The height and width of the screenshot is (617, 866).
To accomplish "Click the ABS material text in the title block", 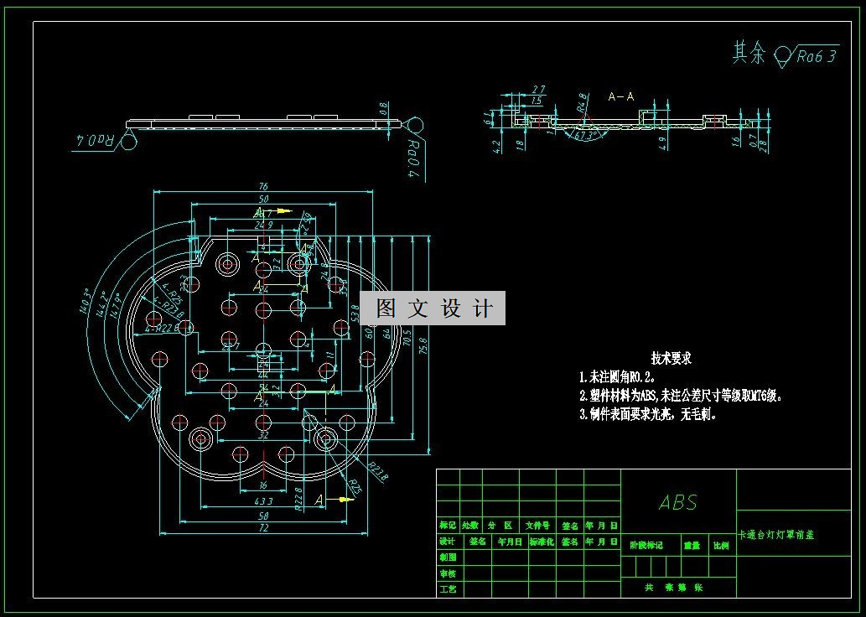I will tap(678, 502).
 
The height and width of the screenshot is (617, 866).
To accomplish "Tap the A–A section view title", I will tap(620, 97).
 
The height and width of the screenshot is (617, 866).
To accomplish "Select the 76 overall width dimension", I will tap(263, 187).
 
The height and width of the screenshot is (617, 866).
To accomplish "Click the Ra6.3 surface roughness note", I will tap(817, 56).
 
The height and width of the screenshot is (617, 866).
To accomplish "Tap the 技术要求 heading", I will tap(672, 358).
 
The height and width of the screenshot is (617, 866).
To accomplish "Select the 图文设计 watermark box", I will tap(433, 308).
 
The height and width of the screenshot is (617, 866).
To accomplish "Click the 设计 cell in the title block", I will tap(448, 542).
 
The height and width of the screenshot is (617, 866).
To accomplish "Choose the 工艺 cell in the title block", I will tap(448, 589).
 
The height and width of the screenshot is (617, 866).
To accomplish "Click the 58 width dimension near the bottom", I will tap(263, 516).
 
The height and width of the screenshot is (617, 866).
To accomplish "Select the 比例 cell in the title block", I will tap(720, 546).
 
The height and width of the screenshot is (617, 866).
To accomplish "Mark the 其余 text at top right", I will tap(749, 54).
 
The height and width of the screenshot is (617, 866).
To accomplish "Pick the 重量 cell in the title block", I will tap(692, 546).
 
